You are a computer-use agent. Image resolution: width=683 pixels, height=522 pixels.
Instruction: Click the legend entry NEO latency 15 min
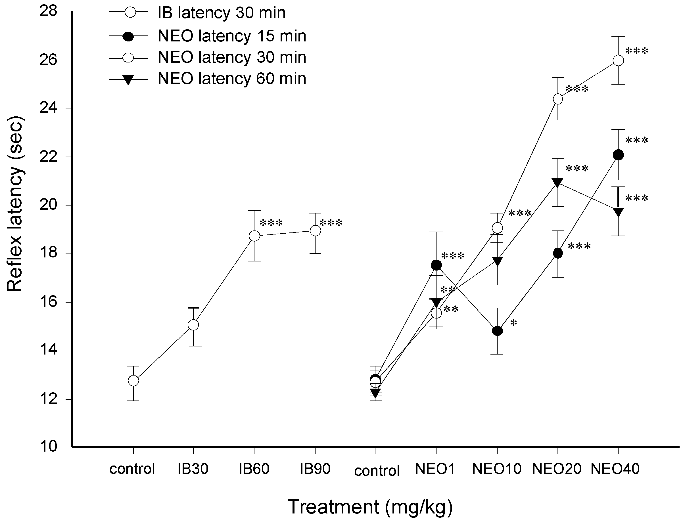tap(232, 36)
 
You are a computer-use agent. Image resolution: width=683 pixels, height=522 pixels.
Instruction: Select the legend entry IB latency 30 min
tap(221, 13)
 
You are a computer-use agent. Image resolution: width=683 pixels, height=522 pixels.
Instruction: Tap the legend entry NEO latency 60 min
tap(232, 79)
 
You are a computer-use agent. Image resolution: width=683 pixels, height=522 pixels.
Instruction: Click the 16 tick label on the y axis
tap(49, 302)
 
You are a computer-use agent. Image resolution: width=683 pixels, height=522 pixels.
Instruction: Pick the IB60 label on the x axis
tap(254, 469)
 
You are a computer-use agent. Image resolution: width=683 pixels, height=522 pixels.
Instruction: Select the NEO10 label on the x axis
tap(496, 469)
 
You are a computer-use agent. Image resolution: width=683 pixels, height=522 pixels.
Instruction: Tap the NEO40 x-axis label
tap(615, 469)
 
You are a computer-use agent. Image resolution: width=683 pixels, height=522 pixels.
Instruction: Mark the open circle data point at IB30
tap(193, 325)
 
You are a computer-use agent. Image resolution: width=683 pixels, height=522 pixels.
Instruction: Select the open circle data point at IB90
tap(316, 230)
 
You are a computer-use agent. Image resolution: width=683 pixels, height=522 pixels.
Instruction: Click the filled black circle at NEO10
tap(497, 331)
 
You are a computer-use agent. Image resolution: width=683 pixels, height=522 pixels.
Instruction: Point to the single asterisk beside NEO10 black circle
tap(513, 323)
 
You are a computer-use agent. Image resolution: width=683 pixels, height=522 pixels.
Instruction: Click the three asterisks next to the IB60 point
tap(271, 223)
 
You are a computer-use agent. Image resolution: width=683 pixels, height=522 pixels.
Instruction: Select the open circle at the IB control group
tap(133, 380)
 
